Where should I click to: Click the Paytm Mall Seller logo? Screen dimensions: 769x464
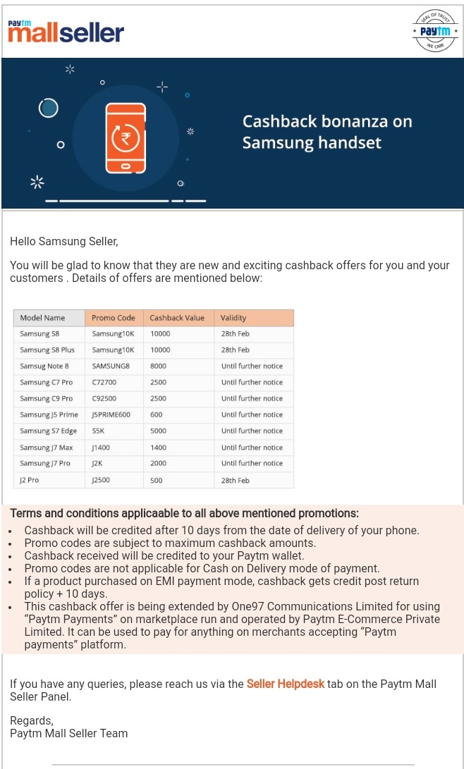point(66,31)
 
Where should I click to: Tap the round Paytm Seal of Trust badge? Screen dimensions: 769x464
point(434,32)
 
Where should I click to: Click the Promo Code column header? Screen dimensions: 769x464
point(114,318)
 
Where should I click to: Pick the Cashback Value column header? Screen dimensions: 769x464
point(177,318)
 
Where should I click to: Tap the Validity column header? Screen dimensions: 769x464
point(233,318)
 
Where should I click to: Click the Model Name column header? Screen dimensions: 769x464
point(42,318)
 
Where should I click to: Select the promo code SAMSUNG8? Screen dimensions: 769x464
point(111,367)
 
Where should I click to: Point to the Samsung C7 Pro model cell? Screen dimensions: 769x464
point(46,382)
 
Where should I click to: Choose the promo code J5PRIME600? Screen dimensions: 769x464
point(111,414)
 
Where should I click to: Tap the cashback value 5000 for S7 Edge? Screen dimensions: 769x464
point(159,431)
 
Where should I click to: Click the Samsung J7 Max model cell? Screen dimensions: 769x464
point(47,448)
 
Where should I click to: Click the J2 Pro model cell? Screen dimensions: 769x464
point(30,480)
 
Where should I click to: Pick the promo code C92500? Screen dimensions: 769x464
point(104,398)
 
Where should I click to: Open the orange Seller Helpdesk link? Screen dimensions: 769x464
point(286,684)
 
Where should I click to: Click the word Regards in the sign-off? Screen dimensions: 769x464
point(32,720)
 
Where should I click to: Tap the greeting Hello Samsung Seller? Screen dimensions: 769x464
point(64,242)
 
